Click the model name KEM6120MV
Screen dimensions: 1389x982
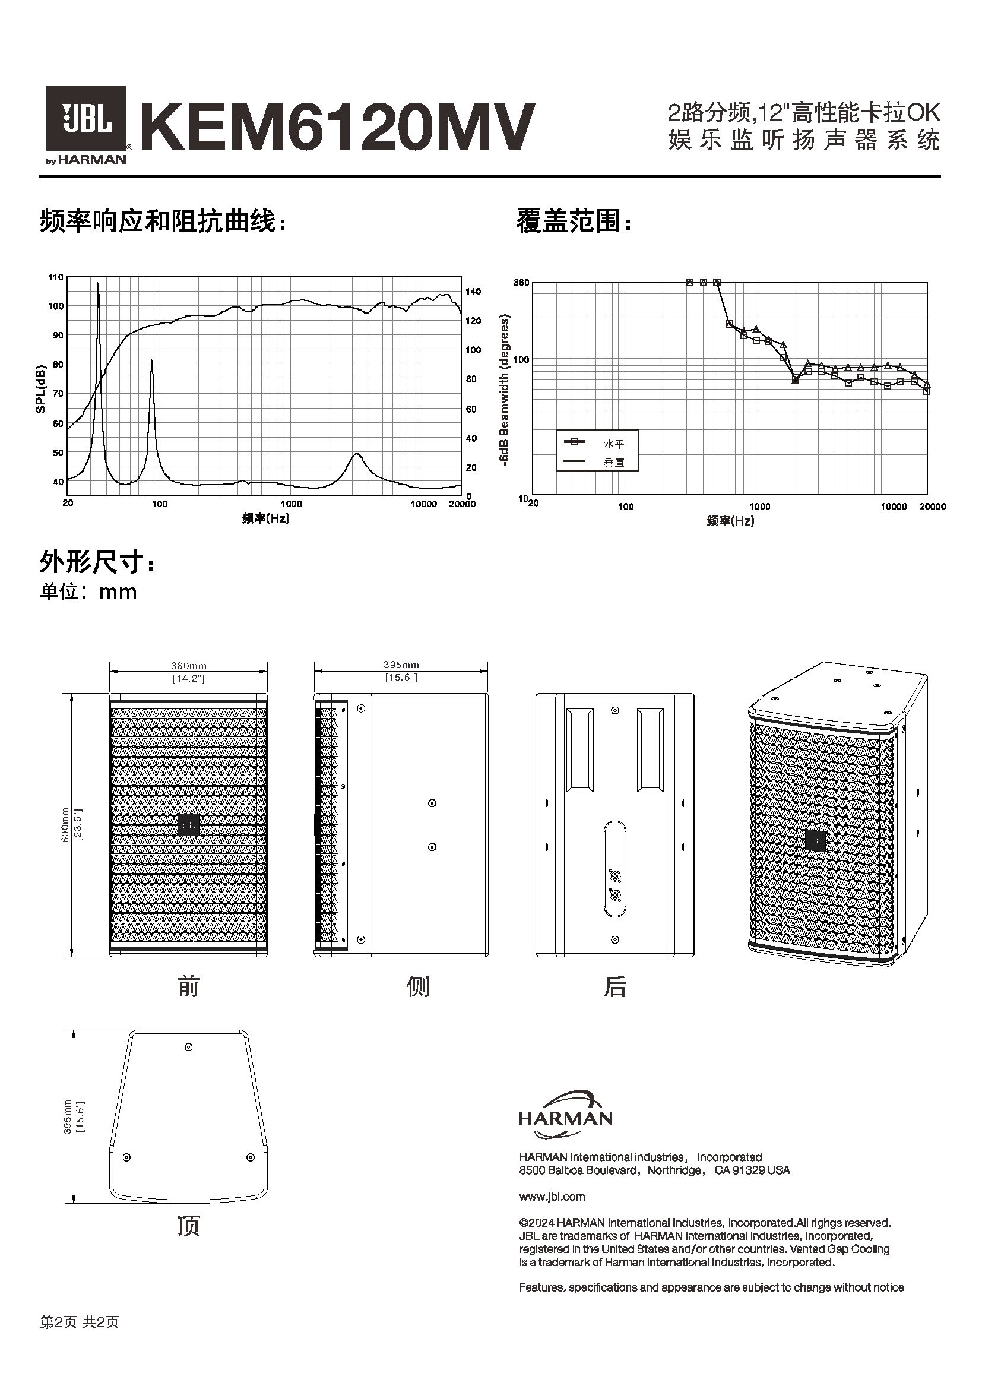[337, 127]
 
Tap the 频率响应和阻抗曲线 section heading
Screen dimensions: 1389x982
[162, 222]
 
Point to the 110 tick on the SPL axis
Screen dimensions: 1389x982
[56, 277]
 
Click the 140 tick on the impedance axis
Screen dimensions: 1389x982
[473, 292]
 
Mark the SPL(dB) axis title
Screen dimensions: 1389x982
[41, 389]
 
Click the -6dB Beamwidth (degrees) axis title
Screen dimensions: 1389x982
[504, 389]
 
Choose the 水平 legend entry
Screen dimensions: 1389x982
[613, 444]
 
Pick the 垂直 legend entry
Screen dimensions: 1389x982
[613, 463]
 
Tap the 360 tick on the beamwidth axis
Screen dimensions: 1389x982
[521, 283]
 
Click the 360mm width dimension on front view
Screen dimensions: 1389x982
[188, 666]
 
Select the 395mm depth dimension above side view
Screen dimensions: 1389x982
[401, 665]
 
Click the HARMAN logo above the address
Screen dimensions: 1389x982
[565, 1110]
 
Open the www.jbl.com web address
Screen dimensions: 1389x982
[552, 1196]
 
